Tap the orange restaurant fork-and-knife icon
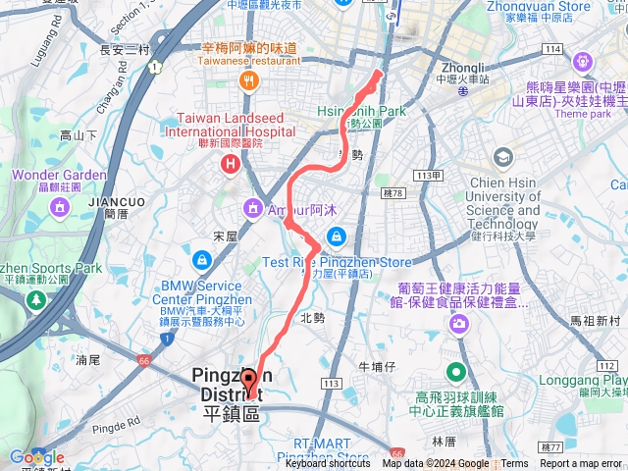250,79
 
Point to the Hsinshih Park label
362,112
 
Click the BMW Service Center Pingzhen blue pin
201,260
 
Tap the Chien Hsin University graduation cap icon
503,157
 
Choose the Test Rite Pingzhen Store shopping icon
337,236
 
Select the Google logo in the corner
36,457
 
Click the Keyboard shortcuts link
328,464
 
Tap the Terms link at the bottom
514,464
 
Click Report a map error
581,464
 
